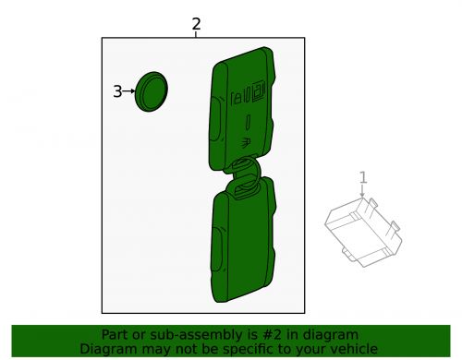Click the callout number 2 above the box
(196, 25)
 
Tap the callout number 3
(117, 91)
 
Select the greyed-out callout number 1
(363, 177)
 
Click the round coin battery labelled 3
(150, 91)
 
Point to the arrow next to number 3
(129, 91)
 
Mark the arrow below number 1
(363, 192)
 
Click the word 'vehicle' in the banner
(352, 349)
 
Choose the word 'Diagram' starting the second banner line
(106, 349)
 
